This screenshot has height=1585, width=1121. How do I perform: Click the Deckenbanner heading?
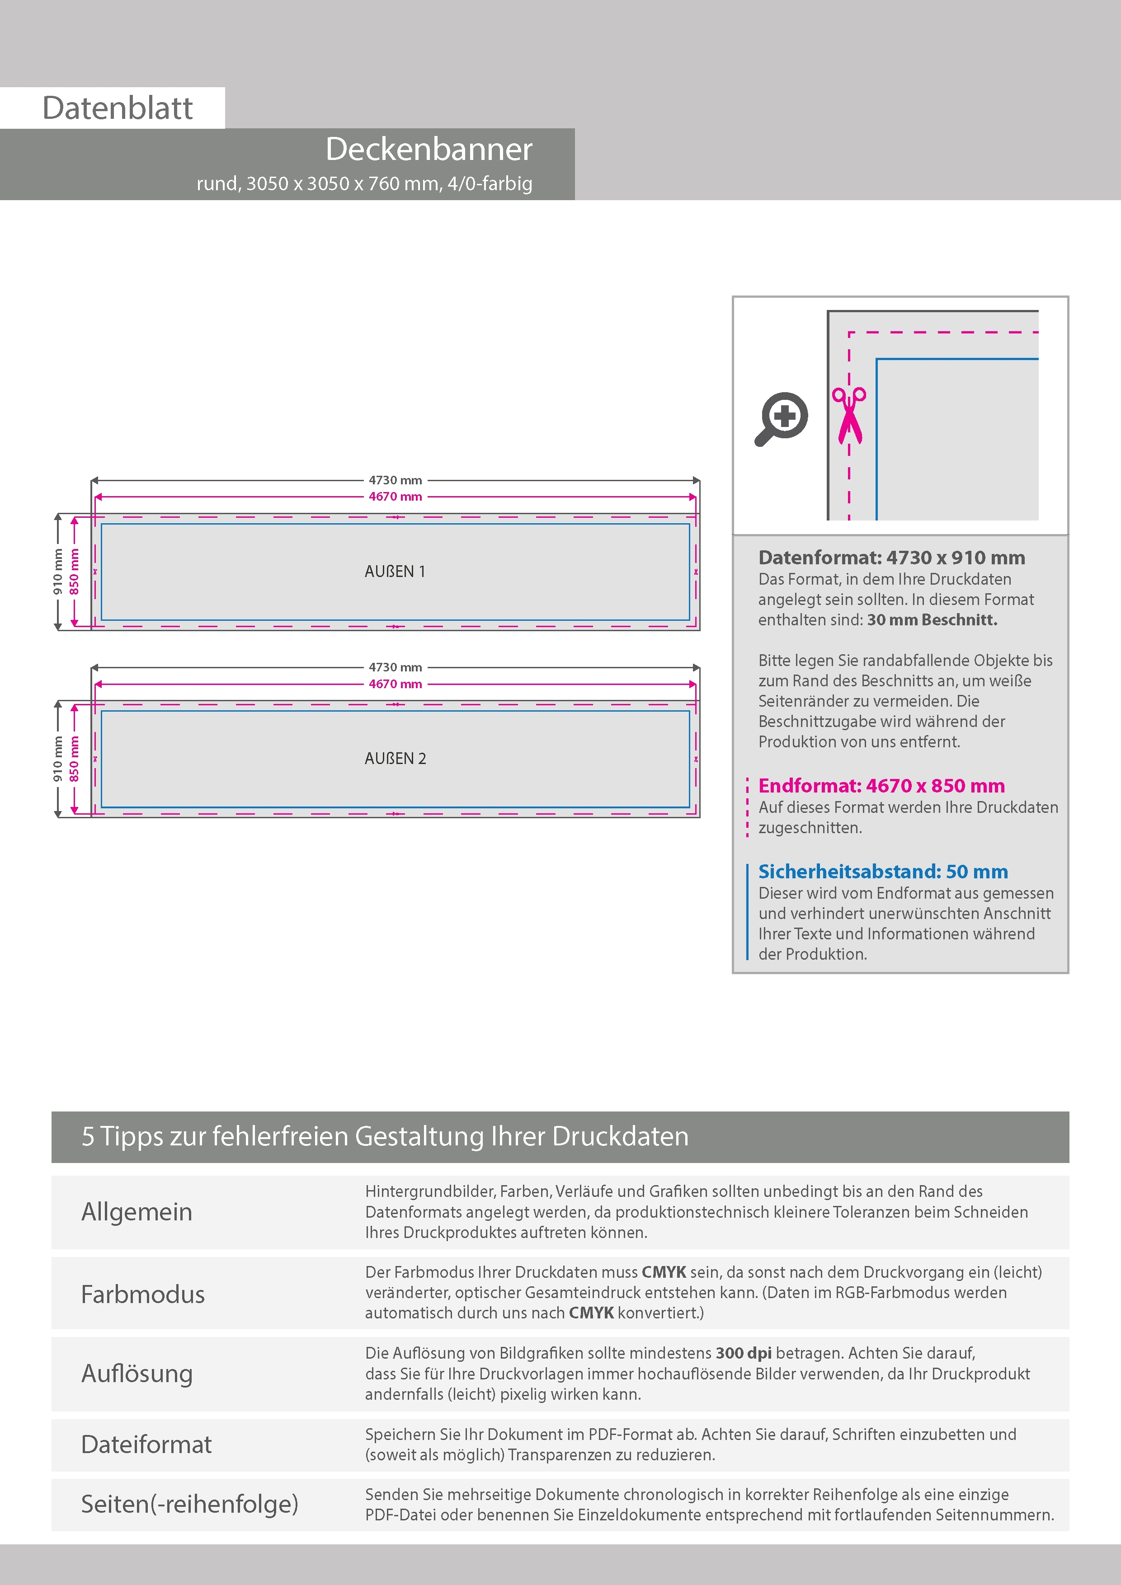click(x=429, y=149)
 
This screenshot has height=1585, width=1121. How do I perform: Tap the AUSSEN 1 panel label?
click(x=395, y=572)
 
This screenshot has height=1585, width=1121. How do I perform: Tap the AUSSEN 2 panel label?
click(x=395, y=759)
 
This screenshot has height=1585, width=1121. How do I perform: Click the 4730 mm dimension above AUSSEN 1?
click(x=395, y=480)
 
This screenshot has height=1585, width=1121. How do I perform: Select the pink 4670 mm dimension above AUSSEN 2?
click(x=395, y=684)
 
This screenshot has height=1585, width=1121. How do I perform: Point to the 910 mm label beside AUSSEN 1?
click(x=58, y=572)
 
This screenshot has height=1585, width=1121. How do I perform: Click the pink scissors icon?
click(x=849, y=414)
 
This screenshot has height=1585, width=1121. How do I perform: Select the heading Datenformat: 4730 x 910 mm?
click(x=891, y=558)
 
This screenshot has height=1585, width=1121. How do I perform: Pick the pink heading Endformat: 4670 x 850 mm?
click(x=881, y=786)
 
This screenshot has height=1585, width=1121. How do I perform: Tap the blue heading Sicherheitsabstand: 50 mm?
click(x=883, y=871)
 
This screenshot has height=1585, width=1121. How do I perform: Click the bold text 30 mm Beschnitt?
click(x=932, y=620)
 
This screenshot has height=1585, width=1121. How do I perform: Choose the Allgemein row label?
click(x=137, y=1211)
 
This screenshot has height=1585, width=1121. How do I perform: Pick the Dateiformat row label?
click(x=146, y=1444)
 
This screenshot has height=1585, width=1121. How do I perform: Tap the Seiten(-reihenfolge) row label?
click(x=189, y=1504)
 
